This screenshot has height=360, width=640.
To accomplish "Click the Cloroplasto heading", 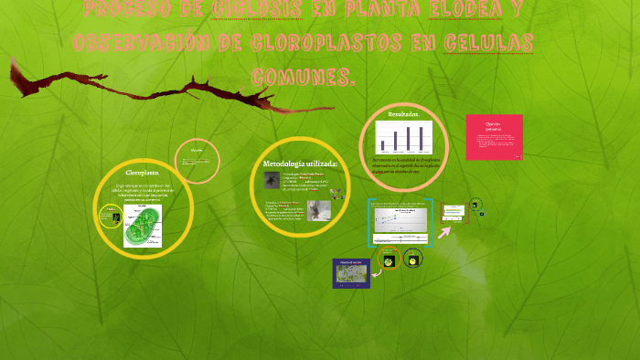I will [x=143, y=172].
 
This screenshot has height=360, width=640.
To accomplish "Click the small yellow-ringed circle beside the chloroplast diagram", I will [x=111, y=216].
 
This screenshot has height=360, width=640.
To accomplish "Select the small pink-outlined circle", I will [x=198, y=158].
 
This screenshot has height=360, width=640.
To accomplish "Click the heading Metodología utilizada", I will [x=301, y=164].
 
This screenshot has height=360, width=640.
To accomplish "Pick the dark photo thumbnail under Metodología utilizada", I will [x=272, y=181].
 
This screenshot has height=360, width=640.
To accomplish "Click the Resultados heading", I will [x=403, y=114].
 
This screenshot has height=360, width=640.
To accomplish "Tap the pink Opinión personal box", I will [x=494, y=137].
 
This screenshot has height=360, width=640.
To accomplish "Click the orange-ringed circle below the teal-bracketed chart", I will [x=388, y=259].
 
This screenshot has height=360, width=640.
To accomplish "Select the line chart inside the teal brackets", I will [x=400, y=223].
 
